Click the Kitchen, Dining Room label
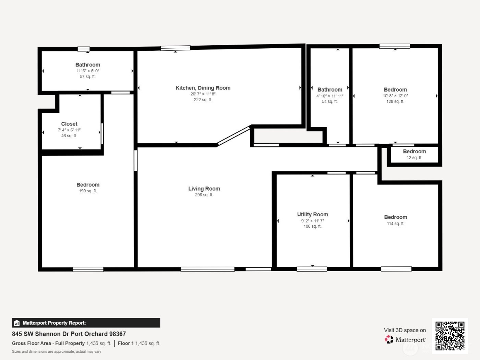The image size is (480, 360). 203,88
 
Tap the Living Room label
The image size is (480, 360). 204,189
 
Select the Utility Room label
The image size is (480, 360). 312,215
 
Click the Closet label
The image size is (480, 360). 69,124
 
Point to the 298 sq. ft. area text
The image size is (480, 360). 204,195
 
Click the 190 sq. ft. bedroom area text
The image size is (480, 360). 88,191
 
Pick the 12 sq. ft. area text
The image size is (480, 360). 414,158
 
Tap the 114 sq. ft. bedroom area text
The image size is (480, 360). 395,224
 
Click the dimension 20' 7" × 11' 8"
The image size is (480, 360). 203,94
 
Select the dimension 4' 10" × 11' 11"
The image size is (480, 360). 330,96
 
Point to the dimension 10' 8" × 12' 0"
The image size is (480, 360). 395,96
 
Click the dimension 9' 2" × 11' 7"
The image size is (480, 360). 312,221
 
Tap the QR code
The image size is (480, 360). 450,336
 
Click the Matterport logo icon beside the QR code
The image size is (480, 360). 389,339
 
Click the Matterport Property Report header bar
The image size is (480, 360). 86,323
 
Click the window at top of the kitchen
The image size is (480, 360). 175,48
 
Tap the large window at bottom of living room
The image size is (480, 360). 207,269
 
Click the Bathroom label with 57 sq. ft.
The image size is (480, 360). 88,65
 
